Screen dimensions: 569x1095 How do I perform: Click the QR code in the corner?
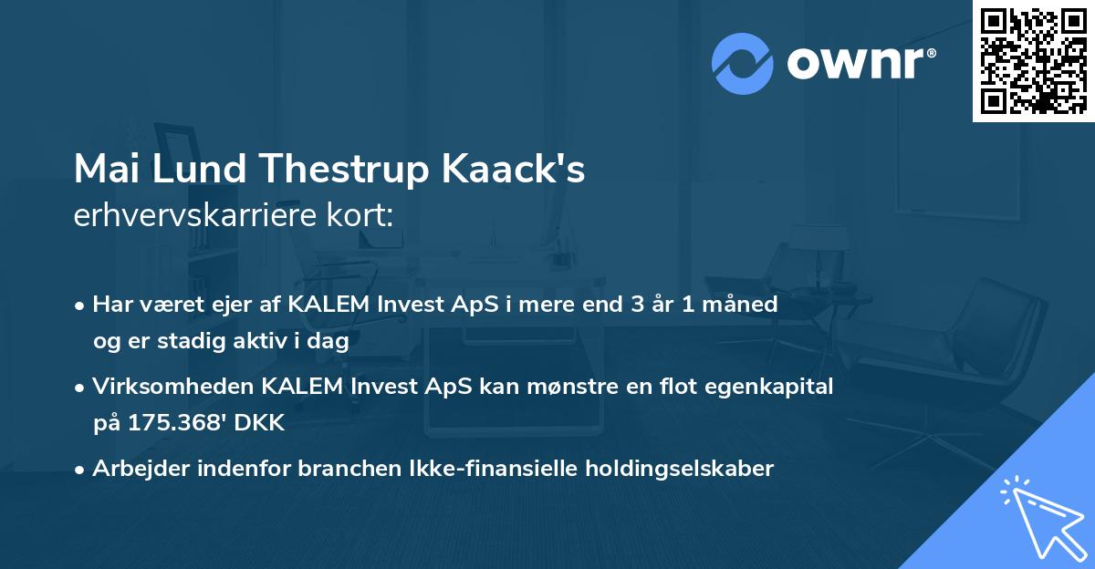tap(1033, 60)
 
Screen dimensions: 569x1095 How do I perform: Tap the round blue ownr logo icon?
tap(743, 63)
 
